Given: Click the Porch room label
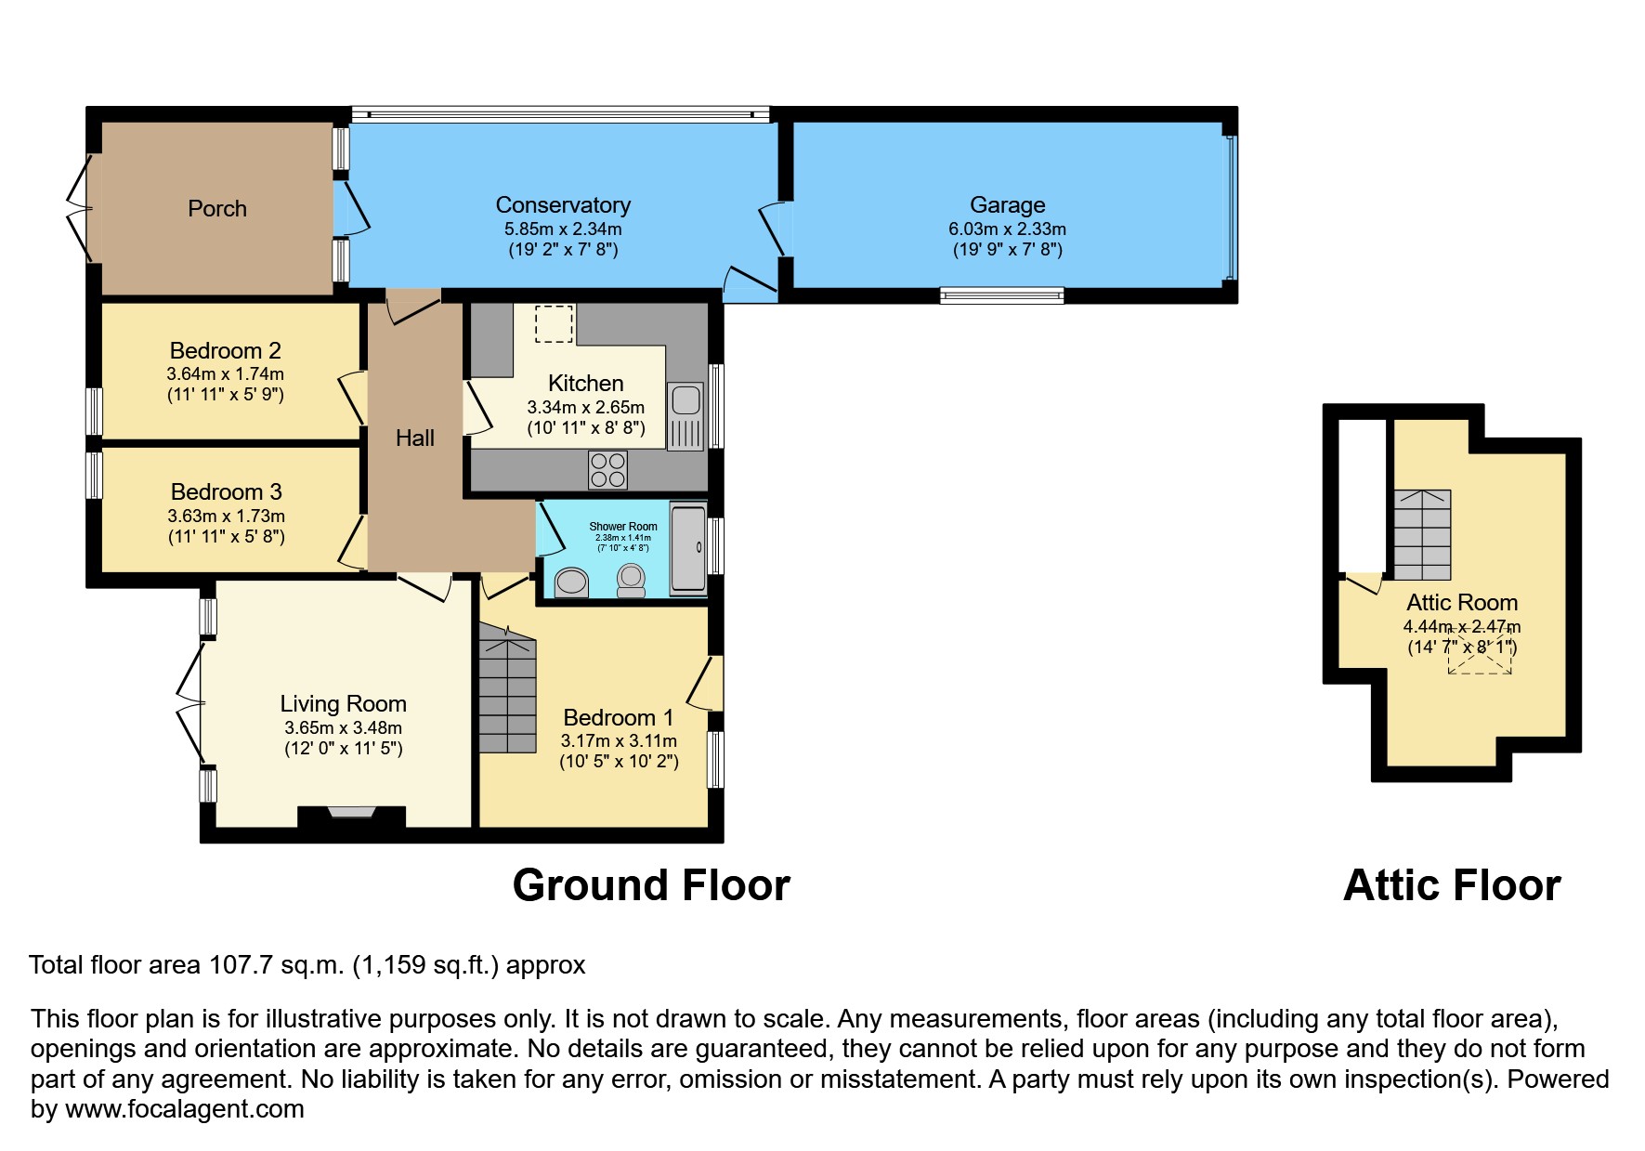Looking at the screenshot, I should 217,208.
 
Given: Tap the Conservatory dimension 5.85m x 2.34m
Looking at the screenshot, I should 563,229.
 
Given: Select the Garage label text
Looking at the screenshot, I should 1007,204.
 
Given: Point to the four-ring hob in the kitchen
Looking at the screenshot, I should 607,469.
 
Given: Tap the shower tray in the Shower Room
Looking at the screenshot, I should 688,548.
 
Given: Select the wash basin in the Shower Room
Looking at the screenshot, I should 570,582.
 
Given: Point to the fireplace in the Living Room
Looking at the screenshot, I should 350,813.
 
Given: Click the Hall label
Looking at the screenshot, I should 414,438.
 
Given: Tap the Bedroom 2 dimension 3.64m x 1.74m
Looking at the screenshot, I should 226,374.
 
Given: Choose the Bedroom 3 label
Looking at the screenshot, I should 226,491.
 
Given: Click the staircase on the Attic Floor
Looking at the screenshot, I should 1422,535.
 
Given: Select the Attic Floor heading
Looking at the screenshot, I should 1451,885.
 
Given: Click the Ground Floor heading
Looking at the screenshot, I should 650,885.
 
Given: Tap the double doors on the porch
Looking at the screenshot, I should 81,208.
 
